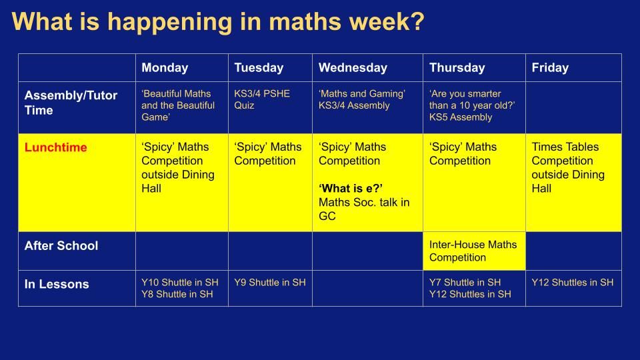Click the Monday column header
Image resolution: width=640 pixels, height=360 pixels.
pyautogui.click(x=165, y=68)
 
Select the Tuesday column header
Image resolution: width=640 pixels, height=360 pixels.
pyautogui.click(x=259, y=68)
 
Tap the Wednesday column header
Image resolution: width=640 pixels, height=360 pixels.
pyautogui.click(x=353, y=68)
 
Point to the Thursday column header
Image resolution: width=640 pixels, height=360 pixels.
pyautogui.click(x=457, y=68)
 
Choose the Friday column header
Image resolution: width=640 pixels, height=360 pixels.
pyautogui.click(x=550, y=68)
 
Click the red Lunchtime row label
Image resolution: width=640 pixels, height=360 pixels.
pyautogui.click(x=56, y=147)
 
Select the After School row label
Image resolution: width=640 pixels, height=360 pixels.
pyautogui.click(x=61, y=246)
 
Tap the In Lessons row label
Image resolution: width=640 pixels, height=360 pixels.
pyautogui.click(x=57, y=284)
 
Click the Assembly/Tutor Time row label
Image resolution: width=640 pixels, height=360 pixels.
pyautogui.click(x=71, y=103)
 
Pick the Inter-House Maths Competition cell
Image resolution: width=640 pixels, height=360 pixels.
pyautogui.click(x=473, y=251)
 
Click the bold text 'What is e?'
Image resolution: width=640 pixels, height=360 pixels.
pyautogui.click(x=351, y=189)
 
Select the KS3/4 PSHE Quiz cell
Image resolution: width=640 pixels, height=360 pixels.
pyautogui.click(x=262, y=99)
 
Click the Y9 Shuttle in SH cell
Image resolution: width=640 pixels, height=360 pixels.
pyautogui.click(x=270, y=283)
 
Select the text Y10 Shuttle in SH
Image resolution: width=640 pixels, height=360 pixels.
pyautogui.click(x=180, y=283)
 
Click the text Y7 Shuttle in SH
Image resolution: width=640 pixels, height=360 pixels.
pyautogui.click(x=465, y=283)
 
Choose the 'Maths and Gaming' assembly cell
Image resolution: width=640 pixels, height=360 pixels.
pyautogui.click(x=362, y=99)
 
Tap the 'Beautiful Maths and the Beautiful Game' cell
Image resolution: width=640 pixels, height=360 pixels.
pyautogui.click(x=178, y=105)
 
